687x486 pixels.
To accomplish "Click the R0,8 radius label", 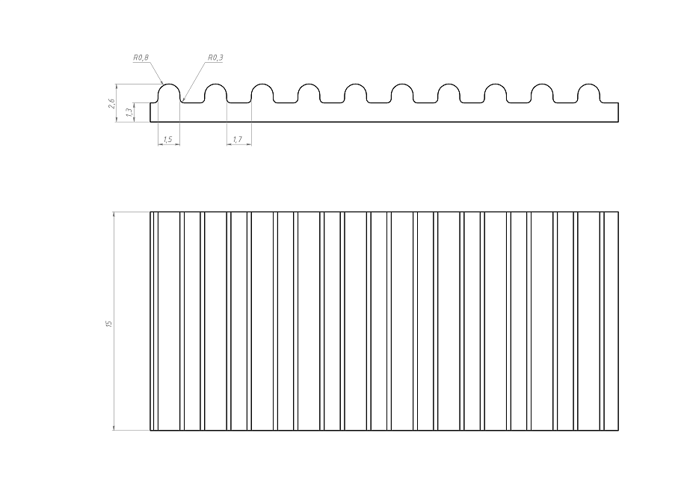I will (141, 57).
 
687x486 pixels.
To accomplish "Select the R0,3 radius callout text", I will (215, 57).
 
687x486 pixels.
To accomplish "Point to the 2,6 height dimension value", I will (111, 103).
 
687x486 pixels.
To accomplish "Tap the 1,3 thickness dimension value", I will (129, 112).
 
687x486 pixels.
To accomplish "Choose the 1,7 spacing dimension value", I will (238, 139).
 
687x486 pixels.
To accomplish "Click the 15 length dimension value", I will (109, 323).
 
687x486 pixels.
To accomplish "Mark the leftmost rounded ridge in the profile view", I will (170, 92).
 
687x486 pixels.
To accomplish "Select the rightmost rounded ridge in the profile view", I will (590, 92).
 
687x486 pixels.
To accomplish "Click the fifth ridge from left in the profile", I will (357, 92).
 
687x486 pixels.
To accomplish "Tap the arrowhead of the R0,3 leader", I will (183, 100).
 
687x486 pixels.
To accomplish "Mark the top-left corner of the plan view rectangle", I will (150, 212).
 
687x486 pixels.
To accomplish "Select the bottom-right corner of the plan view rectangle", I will (618, 431).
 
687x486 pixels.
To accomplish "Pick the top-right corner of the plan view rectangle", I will (618, 212).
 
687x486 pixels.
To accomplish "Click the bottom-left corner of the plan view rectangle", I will (150, 431).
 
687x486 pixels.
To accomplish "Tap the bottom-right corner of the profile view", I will (618, 121).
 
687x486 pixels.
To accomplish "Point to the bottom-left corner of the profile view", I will (150, 121).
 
